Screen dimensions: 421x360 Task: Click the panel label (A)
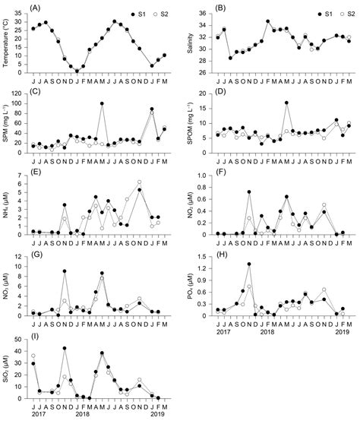[x=35, y=8]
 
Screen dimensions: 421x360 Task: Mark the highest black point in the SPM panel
[x=102, y=103]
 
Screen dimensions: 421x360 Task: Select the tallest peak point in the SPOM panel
[x=286, y=103]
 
